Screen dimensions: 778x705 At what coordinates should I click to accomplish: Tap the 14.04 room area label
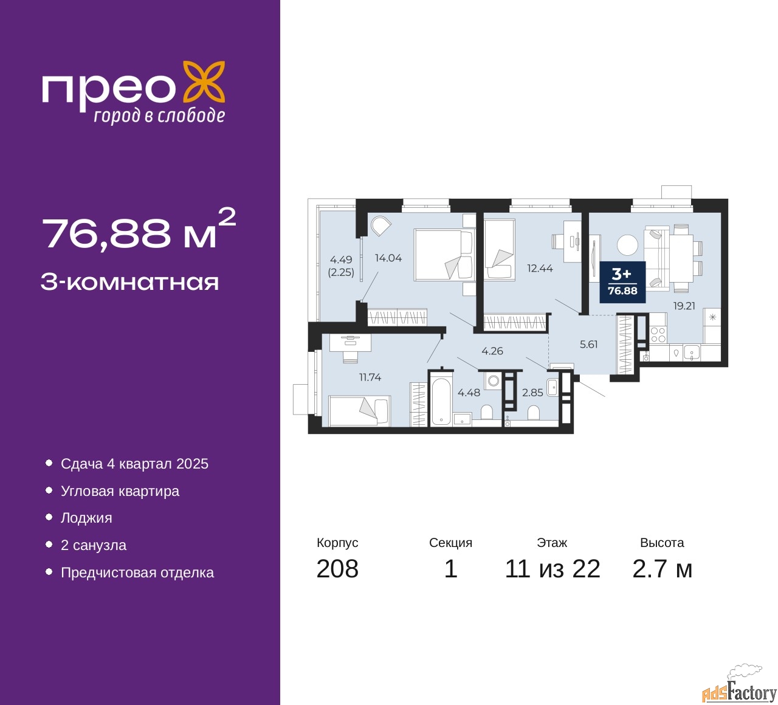point(388,258)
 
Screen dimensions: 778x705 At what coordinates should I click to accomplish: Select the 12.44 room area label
point(540,268)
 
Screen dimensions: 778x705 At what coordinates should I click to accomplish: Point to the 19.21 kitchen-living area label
point(684,306)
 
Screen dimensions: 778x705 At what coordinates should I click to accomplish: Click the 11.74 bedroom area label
point(370,377)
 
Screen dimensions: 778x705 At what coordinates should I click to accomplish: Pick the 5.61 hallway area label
point(588,344)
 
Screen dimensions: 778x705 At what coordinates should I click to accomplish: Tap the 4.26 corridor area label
point(492,351)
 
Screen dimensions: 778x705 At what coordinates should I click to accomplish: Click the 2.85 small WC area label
point(532,393)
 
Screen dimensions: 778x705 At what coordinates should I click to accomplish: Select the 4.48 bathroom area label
point(469,393)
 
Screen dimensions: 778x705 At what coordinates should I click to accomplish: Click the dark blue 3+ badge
point(622,282)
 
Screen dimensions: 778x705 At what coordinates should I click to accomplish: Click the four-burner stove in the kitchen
point(658,335)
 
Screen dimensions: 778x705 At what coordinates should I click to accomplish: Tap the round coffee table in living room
point(627,246)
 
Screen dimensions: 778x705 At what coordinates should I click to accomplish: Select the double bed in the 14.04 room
point(444,255)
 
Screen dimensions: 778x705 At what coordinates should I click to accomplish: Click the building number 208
point(337,569)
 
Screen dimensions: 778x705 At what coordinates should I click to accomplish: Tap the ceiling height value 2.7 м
point(662,569)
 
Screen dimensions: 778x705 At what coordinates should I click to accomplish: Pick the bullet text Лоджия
point(86,518)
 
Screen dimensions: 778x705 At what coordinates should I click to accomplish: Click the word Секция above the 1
point(450,543)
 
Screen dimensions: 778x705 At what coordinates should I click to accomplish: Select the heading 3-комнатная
point(130,283)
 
